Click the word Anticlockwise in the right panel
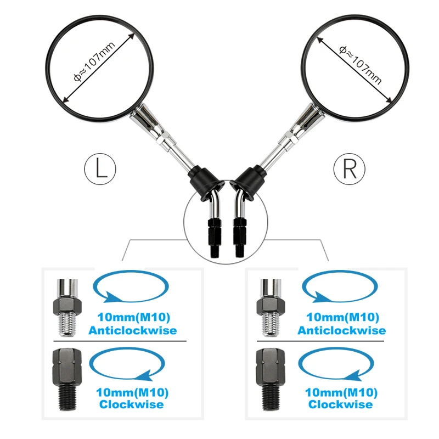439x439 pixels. [x=341, y=330]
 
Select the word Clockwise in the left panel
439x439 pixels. [x=132, y=404]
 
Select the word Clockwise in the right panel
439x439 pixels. [x=341, y=404]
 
